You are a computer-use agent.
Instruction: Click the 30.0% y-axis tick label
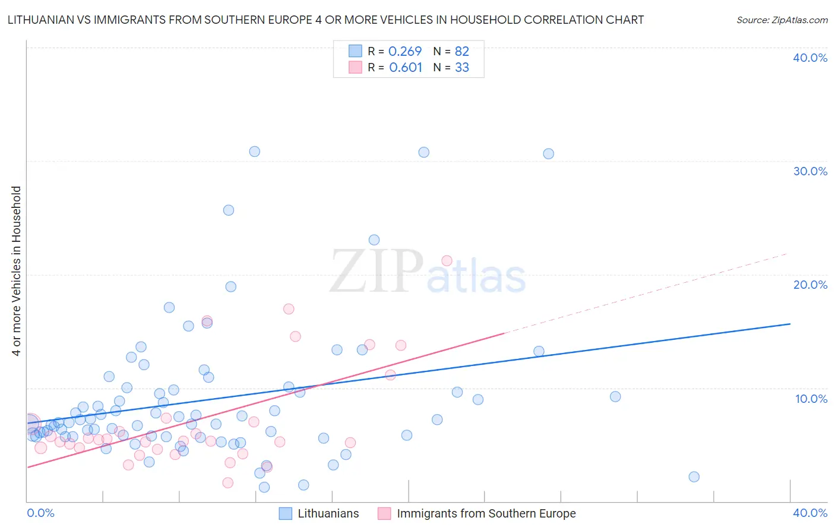[810, 171]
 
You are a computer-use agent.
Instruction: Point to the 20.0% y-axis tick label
[810, 285]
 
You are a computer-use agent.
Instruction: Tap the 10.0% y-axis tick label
[811, 399]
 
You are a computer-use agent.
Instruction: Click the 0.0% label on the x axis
[40, 513]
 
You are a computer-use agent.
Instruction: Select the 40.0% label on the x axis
[810, 513]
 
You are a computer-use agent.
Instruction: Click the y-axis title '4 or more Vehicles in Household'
[17, 271]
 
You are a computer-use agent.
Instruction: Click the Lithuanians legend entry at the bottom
[328, 513]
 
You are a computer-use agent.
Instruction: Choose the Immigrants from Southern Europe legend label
[486, 513]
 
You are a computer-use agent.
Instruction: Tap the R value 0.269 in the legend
[404, 52]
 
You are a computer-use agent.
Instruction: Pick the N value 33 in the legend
[462, 68]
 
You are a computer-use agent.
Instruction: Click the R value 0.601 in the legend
[406, 68]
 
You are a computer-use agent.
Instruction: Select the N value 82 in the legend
[462, 52]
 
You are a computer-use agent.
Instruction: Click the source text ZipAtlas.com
[782, 20]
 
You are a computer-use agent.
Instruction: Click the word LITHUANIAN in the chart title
[42, 20]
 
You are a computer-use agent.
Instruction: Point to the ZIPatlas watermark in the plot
[428, 273]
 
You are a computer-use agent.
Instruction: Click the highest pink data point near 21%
[447, 261]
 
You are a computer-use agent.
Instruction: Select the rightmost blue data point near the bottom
[694, 477]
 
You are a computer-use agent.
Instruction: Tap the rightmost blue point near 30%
[548, 154]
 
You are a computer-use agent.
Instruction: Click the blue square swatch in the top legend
[355, 51]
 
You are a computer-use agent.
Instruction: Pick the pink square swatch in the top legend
[355, 67]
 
